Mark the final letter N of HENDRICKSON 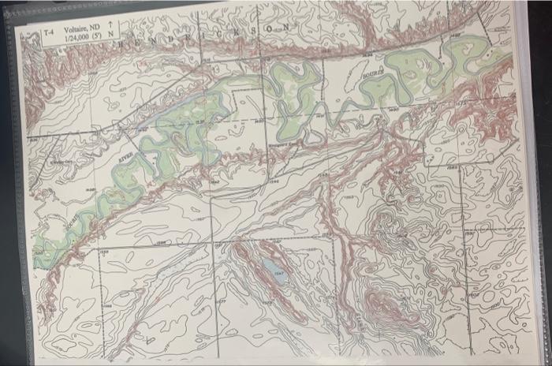click(x=285, y=27)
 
